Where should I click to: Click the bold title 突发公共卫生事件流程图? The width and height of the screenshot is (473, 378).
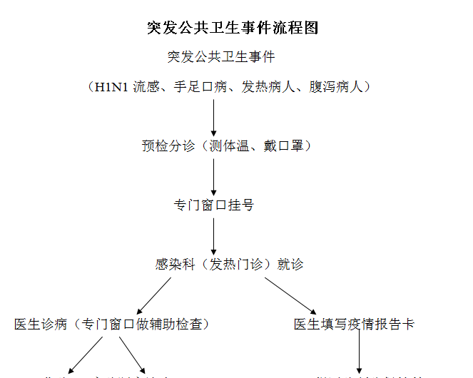tap(232, 28)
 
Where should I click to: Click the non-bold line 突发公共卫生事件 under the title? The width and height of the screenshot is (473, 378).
tap(221, 57)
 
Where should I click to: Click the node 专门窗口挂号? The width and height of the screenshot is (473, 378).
tap(214, 205)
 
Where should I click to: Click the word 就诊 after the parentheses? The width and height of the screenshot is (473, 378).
tap(290, 265)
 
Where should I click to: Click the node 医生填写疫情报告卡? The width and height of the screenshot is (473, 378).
tap(354, 325)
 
